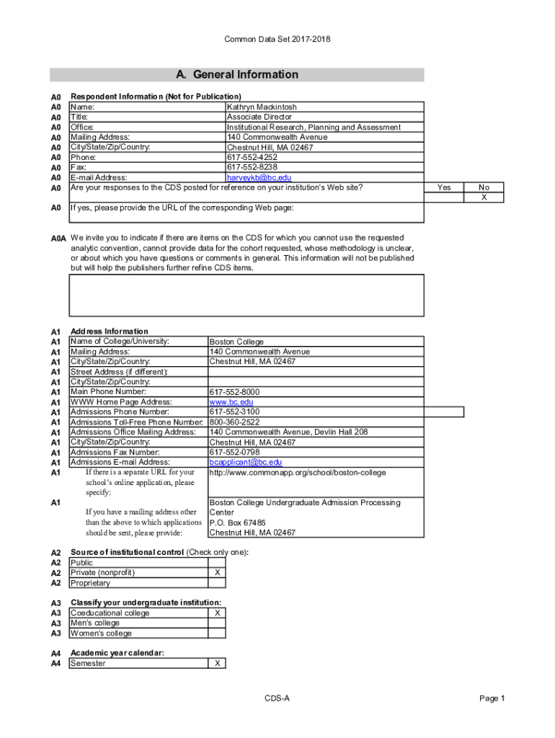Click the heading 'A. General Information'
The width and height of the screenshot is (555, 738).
point(237,75)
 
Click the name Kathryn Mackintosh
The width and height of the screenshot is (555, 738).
point(262,107)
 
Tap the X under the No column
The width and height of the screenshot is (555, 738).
point(484,197)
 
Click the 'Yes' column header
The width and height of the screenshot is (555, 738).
point(444,187)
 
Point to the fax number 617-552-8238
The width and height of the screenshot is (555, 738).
point(252,167)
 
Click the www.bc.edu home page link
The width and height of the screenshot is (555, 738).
point(231,402)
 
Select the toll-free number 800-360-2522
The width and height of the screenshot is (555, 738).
point(234,422)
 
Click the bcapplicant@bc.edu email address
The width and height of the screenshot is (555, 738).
point(245,462)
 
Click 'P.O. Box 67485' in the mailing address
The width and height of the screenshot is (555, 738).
point(237,523)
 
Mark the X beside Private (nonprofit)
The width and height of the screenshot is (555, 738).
point(217,573)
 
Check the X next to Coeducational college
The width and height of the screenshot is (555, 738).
point(217,613)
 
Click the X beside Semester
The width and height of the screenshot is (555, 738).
point(217,664)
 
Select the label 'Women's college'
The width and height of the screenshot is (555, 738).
point(101,633)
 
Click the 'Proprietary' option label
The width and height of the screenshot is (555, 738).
point(90,583)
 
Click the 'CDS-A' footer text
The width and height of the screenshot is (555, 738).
point(277,698)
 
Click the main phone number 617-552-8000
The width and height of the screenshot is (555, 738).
point(234,392)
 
